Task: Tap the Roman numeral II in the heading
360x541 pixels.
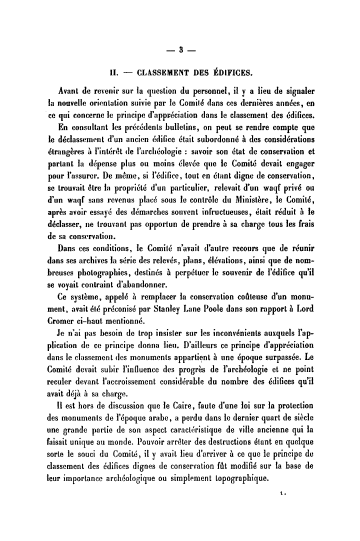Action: (x=113, y=72)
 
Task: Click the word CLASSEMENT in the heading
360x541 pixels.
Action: (x=160, y=72)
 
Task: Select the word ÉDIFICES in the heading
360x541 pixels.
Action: (x=236, y=72)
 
